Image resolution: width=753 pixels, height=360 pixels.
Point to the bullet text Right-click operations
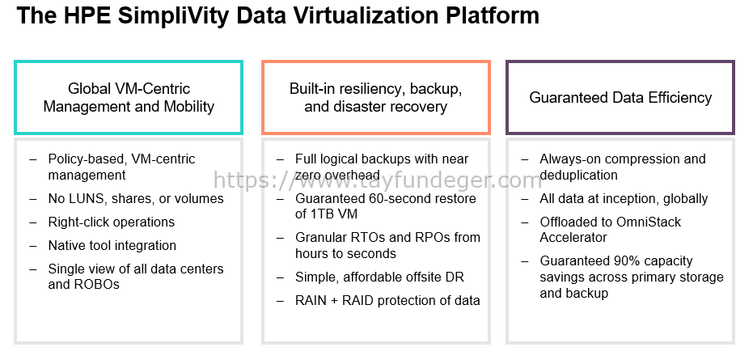[112, 222]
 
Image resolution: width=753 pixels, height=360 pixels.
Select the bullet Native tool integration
[112, 246]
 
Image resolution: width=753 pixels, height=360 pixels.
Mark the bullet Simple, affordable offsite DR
[380, 277]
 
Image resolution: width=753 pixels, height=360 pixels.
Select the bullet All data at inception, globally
[624, 198]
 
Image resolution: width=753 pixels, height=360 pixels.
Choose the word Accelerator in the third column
[573, 237]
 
